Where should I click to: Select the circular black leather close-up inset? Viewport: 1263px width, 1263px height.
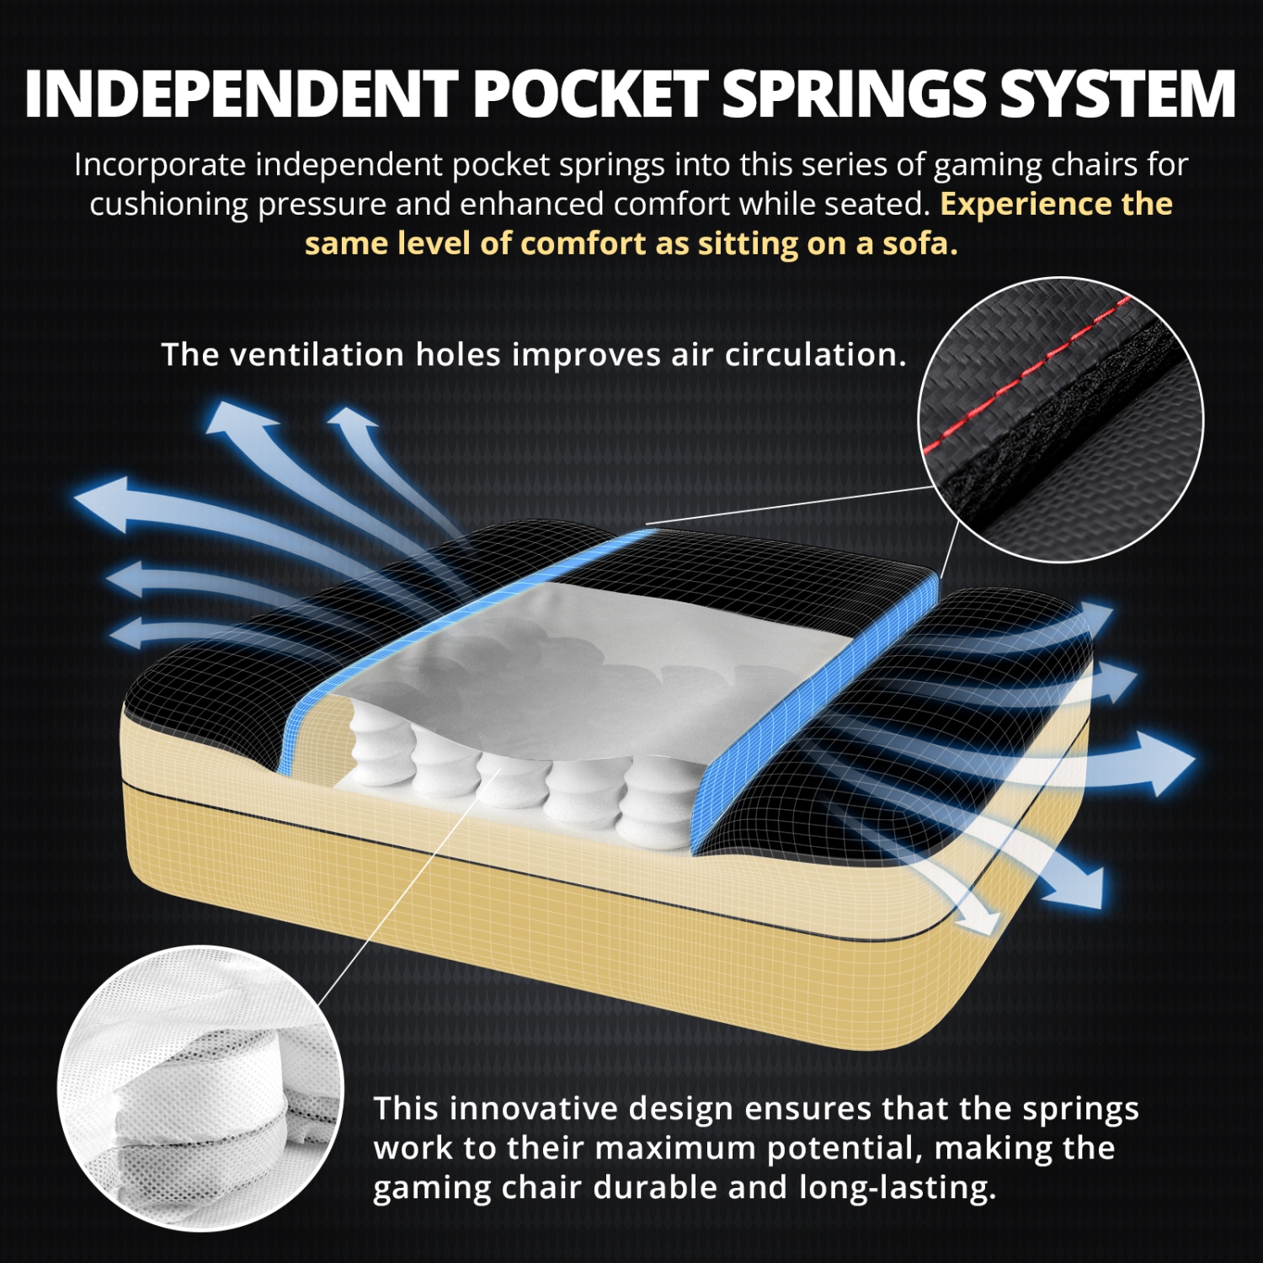pos(1061,419)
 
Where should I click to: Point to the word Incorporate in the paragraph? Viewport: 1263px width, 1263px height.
pos(160,165)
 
